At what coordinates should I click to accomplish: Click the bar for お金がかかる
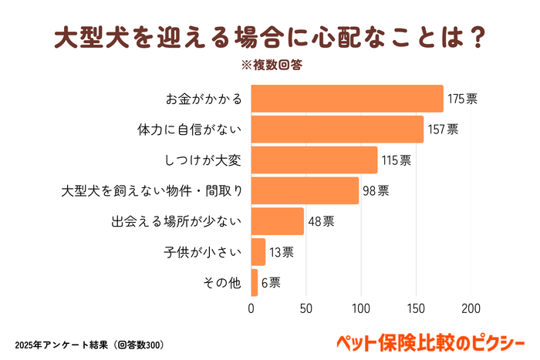click(x=347, y=99)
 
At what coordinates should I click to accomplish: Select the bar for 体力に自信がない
click(x=337, y=129)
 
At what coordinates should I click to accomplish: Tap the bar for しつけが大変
click(x=314, y=160)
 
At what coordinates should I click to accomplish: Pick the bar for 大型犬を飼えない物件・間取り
click(x=305, y=190)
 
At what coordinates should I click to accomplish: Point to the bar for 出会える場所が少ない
click(x=278, y=221)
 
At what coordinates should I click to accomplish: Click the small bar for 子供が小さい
click(x=258, y=252)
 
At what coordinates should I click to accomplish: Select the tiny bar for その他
click(x=255, y=282)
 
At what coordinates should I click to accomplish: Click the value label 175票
click(x=462, y=99)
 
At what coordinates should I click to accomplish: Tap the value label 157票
click(x=443, y=130)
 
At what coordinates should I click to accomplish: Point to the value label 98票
click(x=376, y=190)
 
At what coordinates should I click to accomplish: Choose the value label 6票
click(x=271, y=283)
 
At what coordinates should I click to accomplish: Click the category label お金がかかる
click(x=204, y=99)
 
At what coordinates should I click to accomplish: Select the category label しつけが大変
click(x=204, y=160)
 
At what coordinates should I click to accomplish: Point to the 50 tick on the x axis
click(x=306, y=308)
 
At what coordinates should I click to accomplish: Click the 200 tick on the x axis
click(x=471, y=308)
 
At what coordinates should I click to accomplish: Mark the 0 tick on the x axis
click(x=251, y=308)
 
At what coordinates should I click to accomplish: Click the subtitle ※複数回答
click(x=272, y=65)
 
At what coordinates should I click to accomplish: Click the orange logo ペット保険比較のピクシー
click(x=432, y=341)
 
